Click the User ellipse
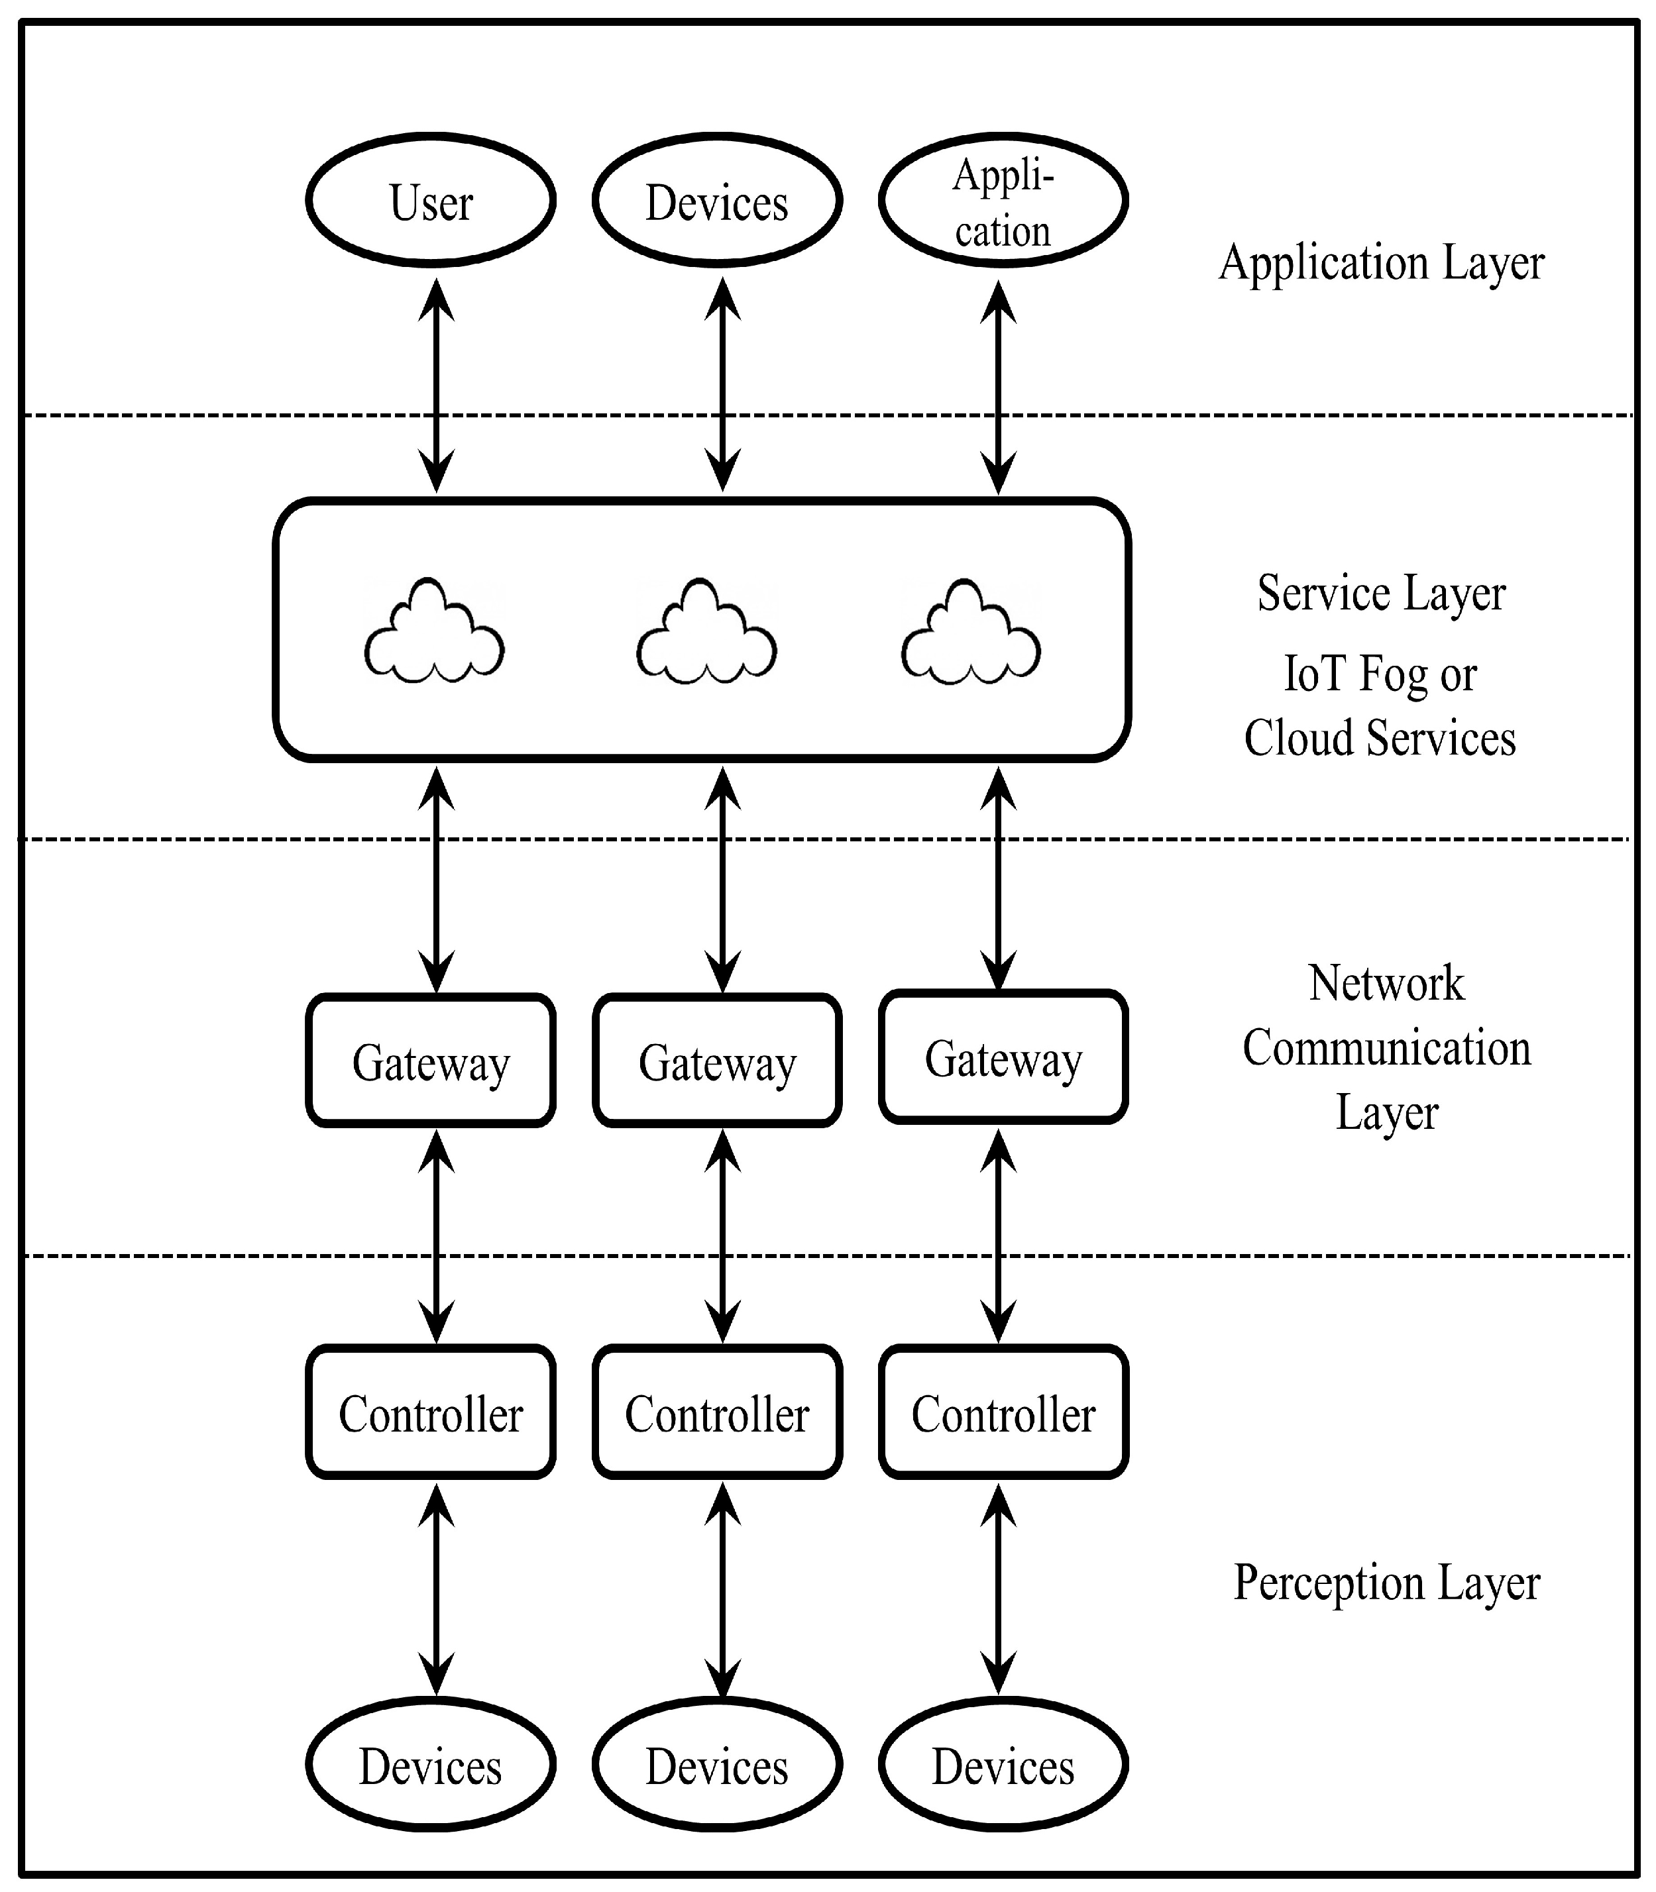(431, 201)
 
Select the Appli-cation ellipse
(1003, 201)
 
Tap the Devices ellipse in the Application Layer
(717, 201)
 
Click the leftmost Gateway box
(431, 1061)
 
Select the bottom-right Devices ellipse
(1003, 1765)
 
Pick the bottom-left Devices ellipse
(431, 1765)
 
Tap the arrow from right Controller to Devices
(998, 1589)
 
